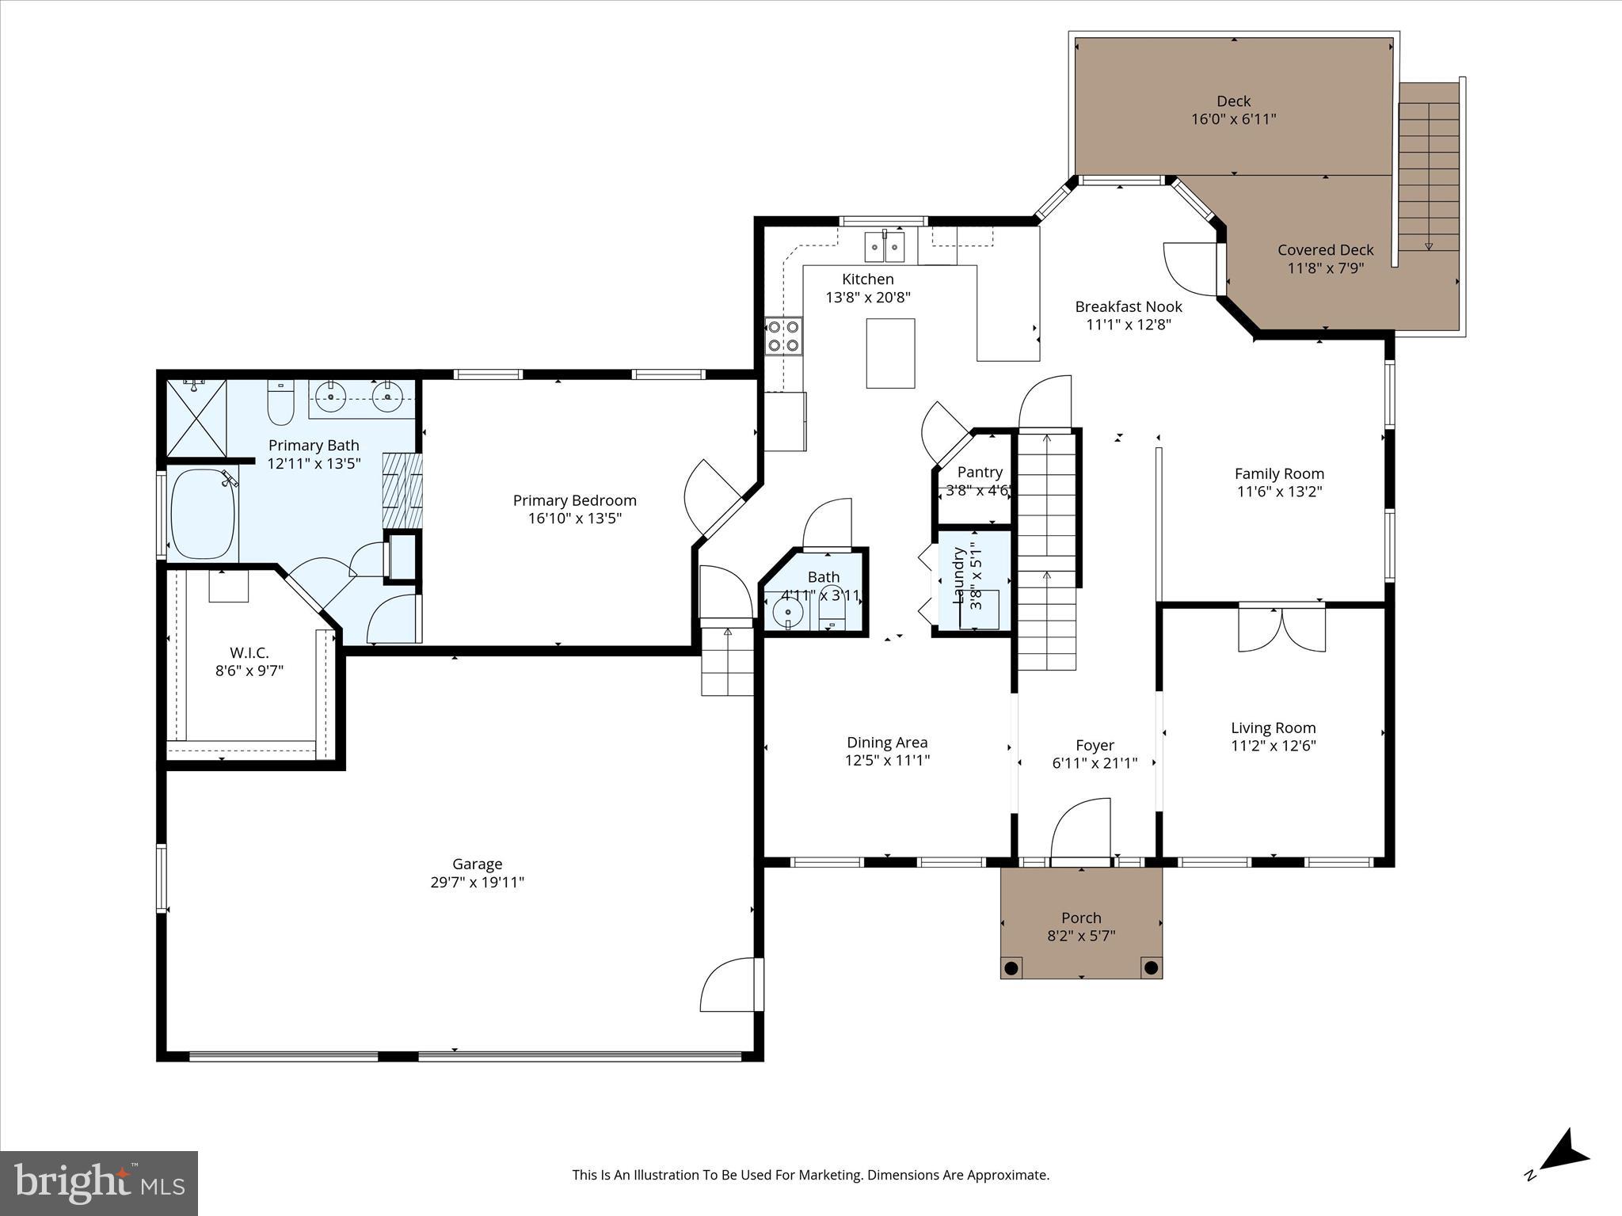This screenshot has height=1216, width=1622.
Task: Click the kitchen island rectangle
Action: [890, 353]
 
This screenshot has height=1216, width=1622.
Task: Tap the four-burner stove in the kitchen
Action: [783, 336]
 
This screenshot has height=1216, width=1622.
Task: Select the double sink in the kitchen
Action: [884, 246]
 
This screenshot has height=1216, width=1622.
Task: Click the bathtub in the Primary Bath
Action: [204, 514]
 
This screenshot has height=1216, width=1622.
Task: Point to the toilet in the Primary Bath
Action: [281, 402]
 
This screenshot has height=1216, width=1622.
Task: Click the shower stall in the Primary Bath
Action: [196, 417]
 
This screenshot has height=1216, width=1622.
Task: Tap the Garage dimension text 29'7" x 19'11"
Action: [477, 882]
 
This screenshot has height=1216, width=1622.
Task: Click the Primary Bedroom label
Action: [574, 500]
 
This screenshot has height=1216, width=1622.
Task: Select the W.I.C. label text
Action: [249, 653]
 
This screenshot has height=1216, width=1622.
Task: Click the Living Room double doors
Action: [1281, 630]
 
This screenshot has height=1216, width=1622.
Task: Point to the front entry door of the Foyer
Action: [1081, 831]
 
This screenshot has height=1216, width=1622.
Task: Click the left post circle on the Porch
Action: [1011, 967]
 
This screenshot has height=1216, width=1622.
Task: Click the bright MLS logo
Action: [99, 1183]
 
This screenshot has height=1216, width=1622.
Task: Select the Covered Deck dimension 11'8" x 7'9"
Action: [1325, 268]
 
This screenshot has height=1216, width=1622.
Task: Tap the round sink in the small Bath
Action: [788, 611]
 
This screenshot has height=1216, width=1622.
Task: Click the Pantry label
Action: [980, 472]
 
